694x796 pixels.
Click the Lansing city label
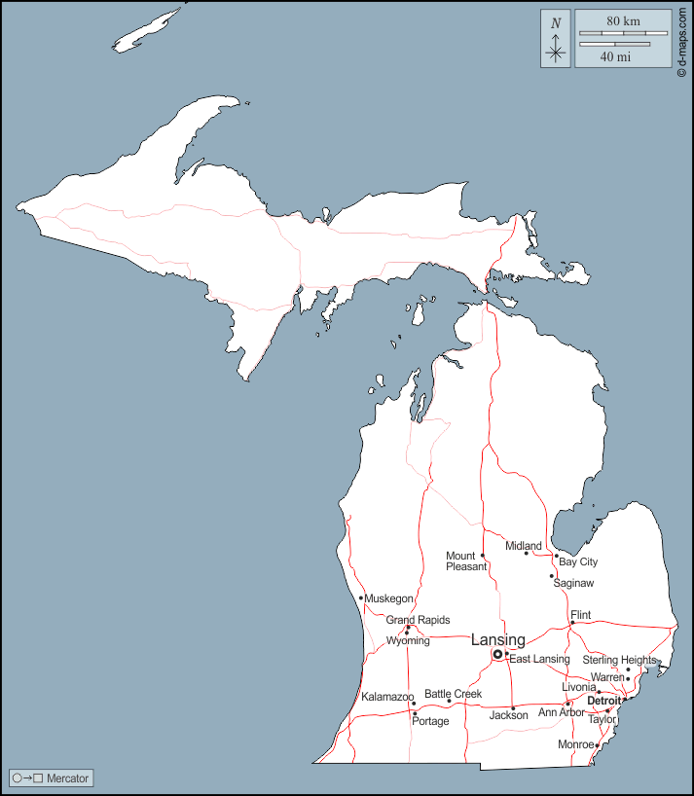497,639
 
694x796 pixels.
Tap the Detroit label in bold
603,701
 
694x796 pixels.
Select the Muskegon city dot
361,597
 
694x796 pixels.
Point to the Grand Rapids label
418,620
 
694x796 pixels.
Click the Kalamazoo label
387,697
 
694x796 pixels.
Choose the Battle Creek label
453,694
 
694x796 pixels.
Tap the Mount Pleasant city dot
483,556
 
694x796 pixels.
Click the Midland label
523,546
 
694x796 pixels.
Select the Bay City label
578,561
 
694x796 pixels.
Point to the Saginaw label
573,583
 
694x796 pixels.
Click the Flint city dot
572,623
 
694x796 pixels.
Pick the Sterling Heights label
619,660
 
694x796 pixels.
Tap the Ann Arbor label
562,712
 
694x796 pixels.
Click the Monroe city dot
597,745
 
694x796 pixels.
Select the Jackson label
508,715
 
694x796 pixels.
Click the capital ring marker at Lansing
497,655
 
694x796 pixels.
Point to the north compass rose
556,39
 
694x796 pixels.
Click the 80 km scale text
623,21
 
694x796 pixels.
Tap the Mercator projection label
67,778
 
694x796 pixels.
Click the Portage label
430,721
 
